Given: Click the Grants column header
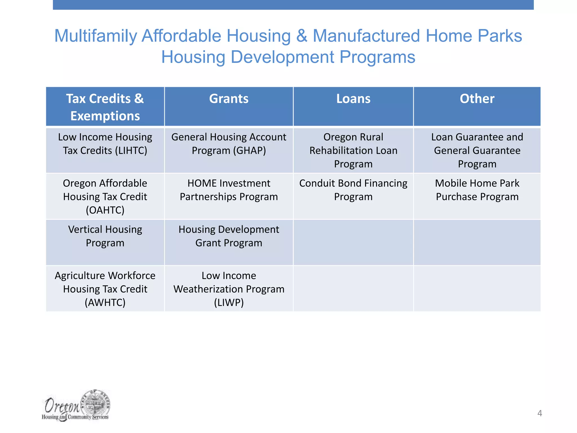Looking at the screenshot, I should coord(229,99).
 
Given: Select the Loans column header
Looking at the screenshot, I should coord(353,99).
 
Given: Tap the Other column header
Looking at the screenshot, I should coord(477,99).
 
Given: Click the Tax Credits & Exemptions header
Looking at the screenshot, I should coord(105,107).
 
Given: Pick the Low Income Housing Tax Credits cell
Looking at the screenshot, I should coord(105,144).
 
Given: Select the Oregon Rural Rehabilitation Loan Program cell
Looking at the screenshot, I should coord(353,151).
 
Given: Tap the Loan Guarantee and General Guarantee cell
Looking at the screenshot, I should coord(477,151).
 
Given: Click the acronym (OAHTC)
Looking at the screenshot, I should coord(105,210).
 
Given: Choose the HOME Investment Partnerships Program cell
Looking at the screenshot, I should coord(229,190).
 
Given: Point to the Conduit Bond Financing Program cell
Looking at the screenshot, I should coord(353,190).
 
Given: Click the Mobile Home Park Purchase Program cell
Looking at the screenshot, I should coord(477,190).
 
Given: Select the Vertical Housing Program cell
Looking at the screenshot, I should coord(105,236).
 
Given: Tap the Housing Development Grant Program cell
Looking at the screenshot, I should coord(229,236).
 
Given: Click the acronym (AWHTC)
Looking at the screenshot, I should coord(105,303).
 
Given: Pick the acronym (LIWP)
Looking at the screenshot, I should coord(229,303).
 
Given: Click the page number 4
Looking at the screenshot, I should coord(540,413).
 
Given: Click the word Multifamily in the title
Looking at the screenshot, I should coord(95,36).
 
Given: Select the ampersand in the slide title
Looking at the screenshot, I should coord(301,36).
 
